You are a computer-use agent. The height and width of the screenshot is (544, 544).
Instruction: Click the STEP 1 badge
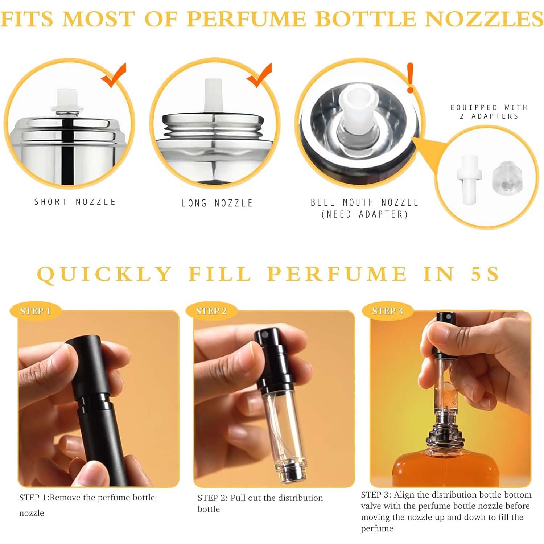pyautogui.click(x=35, y=311)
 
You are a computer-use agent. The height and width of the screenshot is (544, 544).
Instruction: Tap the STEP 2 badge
pyautogui.click(x=211, y=311)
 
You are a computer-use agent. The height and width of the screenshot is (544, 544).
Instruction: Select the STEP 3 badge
pyautogui.click(x=387, y=311)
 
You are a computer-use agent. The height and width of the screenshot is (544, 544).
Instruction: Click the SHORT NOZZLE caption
pyautogui.click(x=75, y=202)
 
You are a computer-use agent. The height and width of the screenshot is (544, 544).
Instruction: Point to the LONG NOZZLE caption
pyautogui.click(x=217, y=203)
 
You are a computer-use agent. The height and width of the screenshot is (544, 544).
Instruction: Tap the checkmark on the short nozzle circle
pyautogui.click(x=114, y=75)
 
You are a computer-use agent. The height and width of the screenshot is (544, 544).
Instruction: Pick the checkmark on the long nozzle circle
pyautogui.click(x=260, y=75)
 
